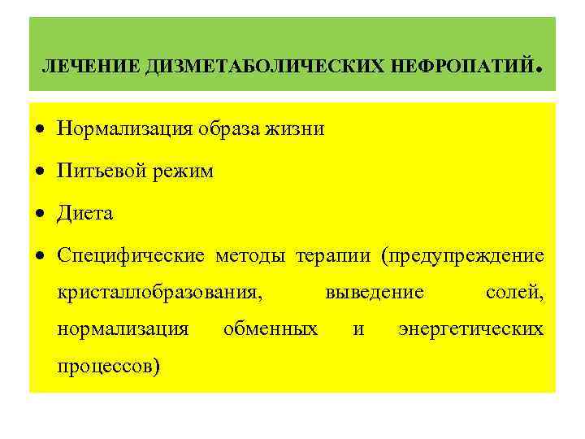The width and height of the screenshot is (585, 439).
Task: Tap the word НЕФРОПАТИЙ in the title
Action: (x=457, y=64)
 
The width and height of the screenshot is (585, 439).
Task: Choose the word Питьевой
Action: (x=96, y=171)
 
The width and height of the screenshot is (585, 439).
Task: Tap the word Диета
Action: (x=85, y=214)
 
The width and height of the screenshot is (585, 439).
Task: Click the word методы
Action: (x=252, y=256)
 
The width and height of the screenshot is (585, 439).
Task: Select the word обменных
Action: (x=271, y=329)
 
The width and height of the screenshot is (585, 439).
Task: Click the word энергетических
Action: (x=471, y=329)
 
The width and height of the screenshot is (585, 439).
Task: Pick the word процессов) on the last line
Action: (x=109, y=367)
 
